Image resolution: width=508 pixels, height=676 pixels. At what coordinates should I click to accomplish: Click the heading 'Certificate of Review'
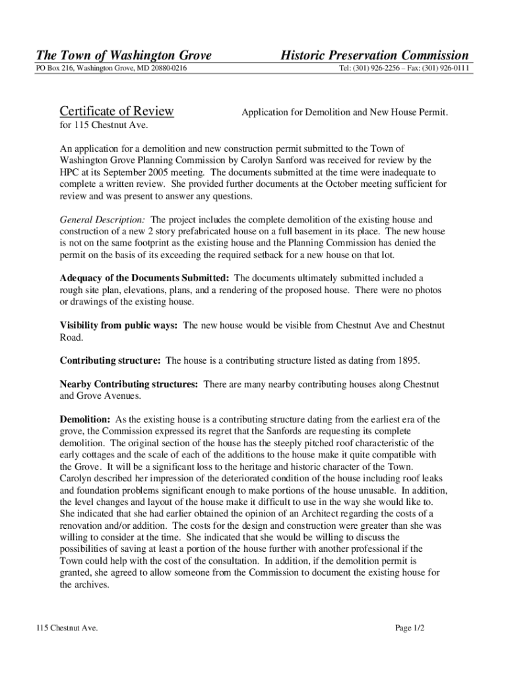tap(116, 111)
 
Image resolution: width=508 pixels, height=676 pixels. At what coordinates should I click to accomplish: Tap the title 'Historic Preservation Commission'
tap(375, 55)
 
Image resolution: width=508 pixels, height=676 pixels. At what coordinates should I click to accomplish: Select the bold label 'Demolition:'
tap(85, 419)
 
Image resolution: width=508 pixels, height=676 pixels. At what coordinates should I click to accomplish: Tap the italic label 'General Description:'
tap(103, 219)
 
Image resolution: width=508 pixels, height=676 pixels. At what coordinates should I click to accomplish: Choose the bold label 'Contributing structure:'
tap(110, 361)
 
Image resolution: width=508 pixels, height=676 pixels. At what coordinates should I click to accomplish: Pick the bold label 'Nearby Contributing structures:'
tap(129, 384)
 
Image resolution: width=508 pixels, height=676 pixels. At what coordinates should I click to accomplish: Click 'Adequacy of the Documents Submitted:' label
tap(144, 278)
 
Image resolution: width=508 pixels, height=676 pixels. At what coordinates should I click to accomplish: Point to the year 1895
tap(408, 361)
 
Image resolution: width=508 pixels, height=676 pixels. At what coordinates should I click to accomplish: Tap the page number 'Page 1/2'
tap(410, 628)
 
